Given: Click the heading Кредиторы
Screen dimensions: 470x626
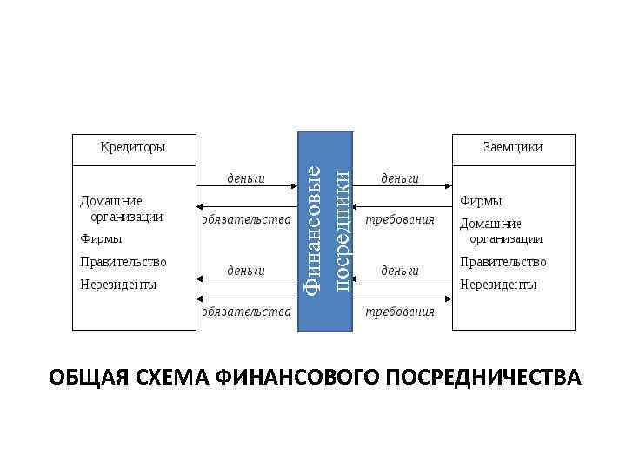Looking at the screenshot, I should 132,147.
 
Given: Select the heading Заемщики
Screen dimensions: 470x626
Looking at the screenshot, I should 513,147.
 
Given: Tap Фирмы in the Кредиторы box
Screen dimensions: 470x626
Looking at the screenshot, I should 101,238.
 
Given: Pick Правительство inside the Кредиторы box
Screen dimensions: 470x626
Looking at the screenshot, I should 123,261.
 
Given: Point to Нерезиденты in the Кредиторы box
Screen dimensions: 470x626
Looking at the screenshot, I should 118,284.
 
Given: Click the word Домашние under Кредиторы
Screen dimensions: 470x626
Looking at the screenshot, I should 112,201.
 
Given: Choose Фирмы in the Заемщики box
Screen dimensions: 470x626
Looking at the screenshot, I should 481,201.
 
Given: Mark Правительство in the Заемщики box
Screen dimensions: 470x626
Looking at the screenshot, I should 503,261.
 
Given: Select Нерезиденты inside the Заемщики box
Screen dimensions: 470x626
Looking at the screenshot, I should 498,284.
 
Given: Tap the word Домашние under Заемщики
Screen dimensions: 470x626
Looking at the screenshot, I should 490,224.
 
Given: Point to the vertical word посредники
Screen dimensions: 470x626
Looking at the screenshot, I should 342,231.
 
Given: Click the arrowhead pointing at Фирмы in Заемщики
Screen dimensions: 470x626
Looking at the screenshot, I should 448,186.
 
